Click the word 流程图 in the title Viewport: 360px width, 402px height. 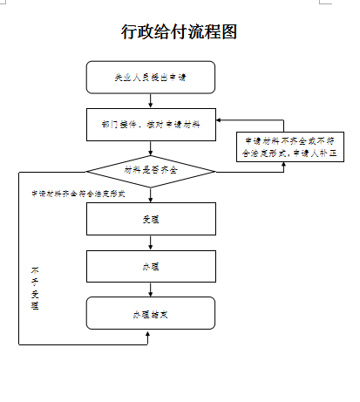pos(214,32)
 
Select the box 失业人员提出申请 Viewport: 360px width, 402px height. pos(151,78)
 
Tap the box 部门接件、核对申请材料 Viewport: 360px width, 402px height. pos(151,125)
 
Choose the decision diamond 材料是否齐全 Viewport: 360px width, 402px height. pos(151,169)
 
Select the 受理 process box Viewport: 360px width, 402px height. pos(151,219)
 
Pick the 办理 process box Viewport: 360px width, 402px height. pos(151,266)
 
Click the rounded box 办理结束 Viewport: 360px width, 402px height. pos(151,312)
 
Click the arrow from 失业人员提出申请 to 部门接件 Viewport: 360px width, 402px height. pos(151,100)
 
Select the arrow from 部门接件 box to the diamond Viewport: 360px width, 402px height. pos(151,148)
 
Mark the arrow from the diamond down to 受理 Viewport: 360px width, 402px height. pos(151,194)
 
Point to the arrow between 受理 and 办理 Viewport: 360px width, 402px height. pos(151,242)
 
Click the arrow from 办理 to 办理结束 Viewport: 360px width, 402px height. pos(151,289)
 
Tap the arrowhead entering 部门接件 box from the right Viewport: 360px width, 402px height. pos(219,119)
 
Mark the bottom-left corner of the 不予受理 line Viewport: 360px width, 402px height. pos(19,344)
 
